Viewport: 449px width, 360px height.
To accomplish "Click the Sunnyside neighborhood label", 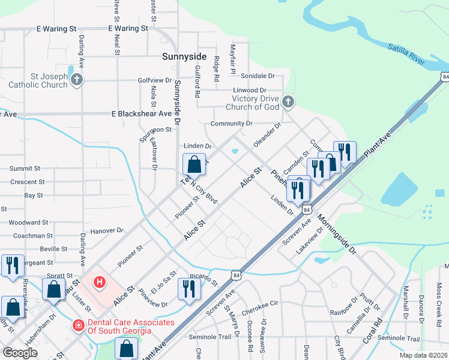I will click(x=184, y=58).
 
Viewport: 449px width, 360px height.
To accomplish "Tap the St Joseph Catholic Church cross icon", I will click(x=76, y=80).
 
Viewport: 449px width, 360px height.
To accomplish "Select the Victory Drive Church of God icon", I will click(x=288, y=102).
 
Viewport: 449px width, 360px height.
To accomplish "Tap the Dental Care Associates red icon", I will click(x=77, y=326).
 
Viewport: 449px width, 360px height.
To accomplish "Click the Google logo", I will click(x=20, y=353).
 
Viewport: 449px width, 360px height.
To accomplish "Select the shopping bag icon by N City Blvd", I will click(x=194, y=164).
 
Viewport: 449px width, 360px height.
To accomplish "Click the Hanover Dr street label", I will click(x=106, y=230).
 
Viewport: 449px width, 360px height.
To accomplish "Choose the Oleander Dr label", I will click(x=267, y=136).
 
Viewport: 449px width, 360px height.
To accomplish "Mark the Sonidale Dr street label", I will click(x=257, y=76).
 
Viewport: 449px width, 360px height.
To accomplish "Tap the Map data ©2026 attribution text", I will click(x=424, y=355).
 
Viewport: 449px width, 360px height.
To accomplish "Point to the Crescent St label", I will click(x=27, y=182).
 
